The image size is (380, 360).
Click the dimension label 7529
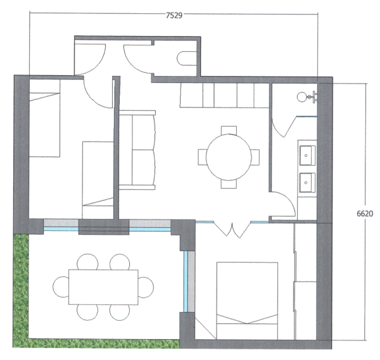pos(174,15)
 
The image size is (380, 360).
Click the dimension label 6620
pos(365,213)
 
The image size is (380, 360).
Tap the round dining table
pos(229,158)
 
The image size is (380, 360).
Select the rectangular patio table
pos(103,287)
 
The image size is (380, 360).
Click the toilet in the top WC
pos(187,58)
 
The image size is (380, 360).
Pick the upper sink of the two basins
pos(308,155)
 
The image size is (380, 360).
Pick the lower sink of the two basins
pos(308,183)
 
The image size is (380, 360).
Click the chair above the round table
pos(229,130)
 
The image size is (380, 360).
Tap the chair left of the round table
pos(203,158)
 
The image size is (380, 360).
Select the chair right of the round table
pos(255,158)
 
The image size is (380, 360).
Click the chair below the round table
pos(229,184)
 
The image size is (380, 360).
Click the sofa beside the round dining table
pos(137,150)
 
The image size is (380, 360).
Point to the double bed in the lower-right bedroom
pos(247,301)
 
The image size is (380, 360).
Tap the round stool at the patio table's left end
pos(61,287)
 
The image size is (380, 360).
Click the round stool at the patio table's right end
pos(146,287)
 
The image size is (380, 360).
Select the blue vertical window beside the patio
pos(186,282)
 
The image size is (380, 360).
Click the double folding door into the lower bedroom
pos(232,229)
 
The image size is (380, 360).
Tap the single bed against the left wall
pos(44,118)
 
